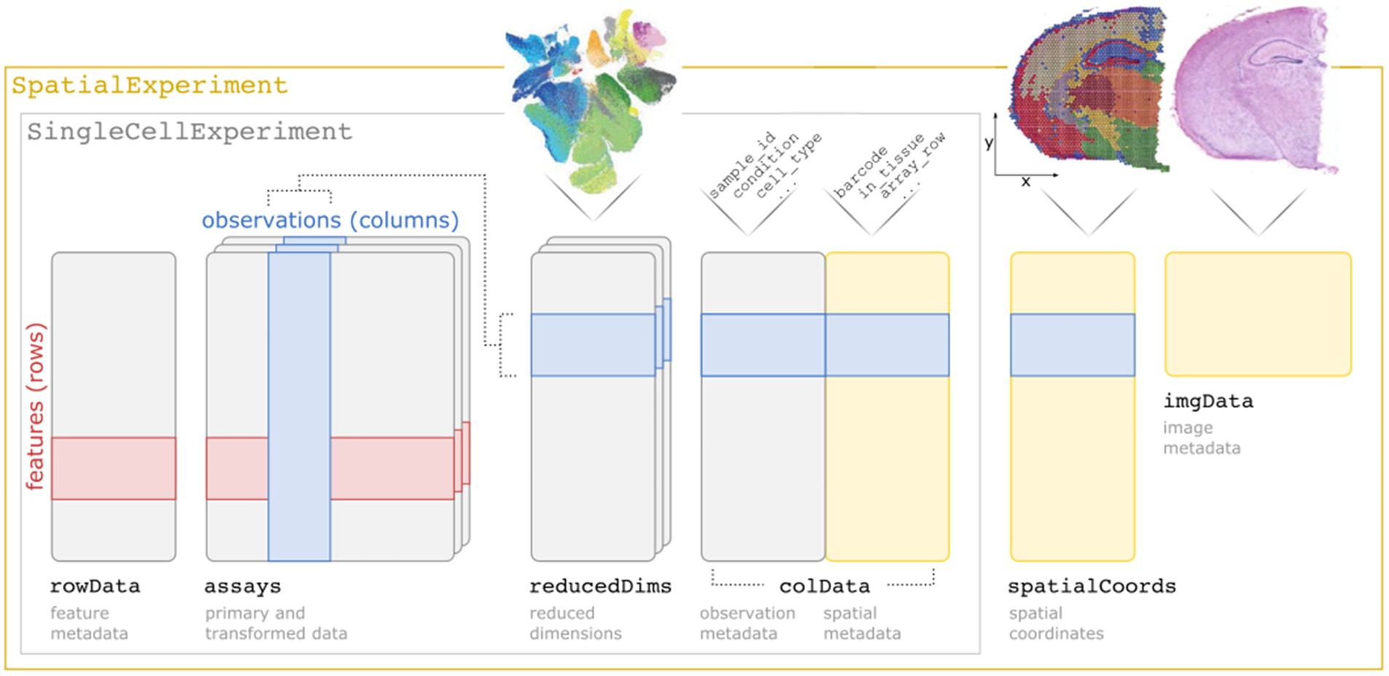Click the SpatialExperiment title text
tap(149, 86)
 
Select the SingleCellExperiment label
tap(190, 132)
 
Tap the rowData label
tap(95, 586)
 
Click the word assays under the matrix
tap(242, 586)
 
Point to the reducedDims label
tap(600, 586)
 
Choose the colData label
tap(824, 586)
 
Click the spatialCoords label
tap(1092, 586)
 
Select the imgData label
tap(1208, 401)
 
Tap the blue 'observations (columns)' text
tap(330, 220)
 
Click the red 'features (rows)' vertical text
tap(35, 406)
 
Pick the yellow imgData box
tap(1258, 314)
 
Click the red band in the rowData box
tap(113, 468)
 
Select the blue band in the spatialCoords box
tap(1072, 345)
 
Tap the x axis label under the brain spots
tap(1026, 182)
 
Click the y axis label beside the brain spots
tap(989, 143)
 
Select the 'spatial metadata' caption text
tap(862, 624)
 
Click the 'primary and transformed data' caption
tap(276, 624)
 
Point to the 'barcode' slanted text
tap(861, 173)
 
